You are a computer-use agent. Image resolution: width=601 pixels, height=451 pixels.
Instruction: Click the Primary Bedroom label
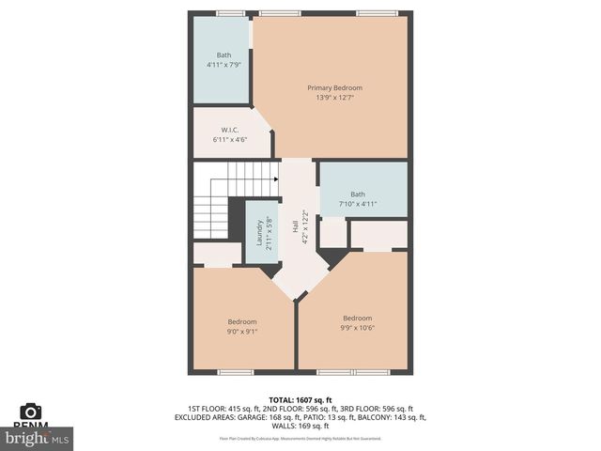point(334,87)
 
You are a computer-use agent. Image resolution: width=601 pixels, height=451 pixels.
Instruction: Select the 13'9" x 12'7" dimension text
point(334,98)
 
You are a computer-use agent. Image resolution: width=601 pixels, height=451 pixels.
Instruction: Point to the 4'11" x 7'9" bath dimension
point(223,65)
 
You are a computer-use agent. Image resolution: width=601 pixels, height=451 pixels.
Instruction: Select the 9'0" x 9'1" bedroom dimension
point(242,331)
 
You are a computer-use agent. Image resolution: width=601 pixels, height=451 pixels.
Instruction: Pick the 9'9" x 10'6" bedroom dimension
point(357,328)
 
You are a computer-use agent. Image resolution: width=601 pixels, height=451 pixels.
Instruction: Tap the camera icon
point(31,412)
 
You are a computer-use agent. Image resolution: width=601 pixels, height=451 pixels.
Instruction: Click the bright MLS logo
point(38,437)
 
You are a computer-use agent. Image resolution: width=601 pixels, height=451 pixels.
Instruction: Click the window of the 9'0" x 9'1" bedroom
point(236,372)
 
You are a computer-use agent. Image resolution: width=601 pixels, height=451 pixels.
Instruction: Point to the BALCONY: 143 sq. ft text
point(392,417)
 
